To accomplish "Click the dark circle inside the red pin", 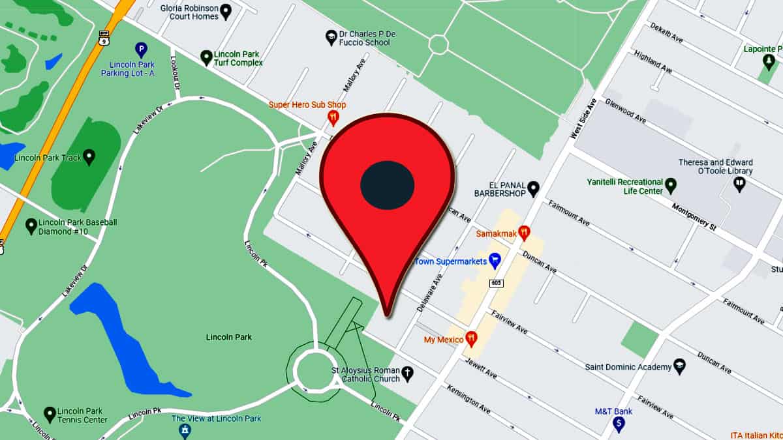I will coord(388,185).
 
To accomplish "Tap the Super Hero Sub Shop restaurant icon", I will coord(333,118).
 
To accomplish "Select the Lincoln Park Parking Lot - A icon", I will coord(140,49).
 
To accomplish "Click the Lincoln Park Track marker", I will coord(89,156).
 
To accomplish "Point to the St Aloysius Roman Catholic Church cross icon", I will coord(407,374).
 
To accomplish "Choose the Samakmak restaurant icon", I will coord(523,232).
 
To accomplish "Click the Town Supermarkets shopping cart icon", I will coord(495,261).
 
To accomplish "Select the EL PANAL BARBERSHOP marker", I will coord(533,189).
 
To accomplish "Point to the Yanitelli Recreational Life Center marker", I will coord(670,186).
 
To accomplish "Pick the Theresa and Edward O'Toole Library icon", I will coord(739,184).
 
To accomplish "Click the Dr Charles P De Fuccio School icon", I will coord(331,37).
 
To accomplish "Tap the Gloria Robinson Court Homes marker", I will coord(226,11).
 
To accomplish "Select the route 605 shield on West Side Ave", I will coord(497,283).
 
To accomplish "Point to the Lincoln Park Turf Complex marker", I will coord(206,57).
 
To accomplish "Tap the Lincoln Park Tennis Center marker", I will coord(50,414).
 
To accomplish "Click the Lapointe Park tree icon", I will coord(769,61).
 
